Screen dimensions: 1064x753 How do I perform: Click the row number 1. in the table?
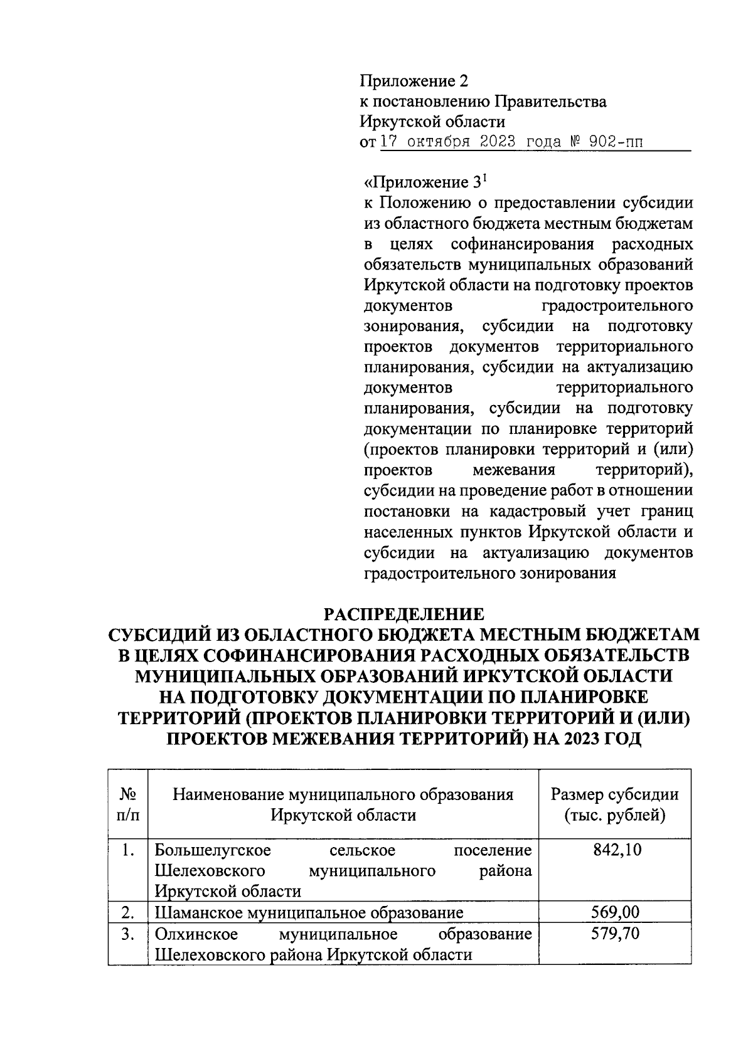(x=128, y=850)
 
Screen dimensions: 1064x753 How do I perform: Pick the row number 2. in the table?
(x=128, y=912)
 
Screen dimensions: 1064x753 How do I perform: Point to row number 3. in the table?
(x=128, y=934)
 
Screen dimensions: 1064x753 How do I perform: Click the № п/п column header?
(x=128, y=805)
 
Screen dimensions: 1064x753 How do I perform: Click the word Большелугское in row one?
(x=213, y=850)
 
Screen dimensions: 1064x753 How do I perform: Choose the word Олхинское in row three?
(x=196, y=934)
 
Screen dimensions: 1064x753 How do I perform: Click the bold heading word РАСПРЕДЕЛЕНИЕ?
(x=403, y=613)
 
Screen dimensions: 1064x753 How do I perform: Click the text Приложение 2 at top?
(x=414, y=81)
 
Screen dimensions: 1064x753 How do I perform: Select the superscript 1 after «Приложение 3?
(x=484, y=178)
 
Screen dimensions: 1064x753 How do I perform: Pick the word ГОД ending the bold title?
(x=618, y=738)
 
